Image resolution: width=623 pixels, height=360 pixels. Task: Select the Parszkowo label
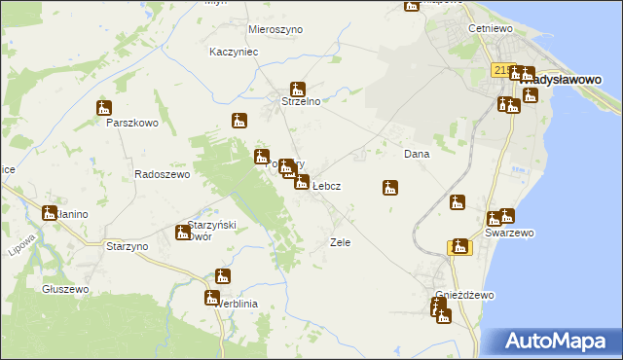[131, 124]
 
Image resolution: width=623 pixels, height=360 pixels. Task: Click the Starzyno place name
[127, 247]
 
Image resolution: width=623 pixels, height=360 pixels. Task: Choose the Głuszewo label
[66, 290]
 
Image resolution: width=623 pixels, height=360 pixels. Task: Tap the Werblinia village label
[235, 304]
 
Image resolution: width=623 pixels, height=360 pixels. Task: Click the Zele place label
[340, 242]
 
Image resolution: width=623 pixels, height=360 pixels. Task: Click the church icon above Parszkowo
[104, 109]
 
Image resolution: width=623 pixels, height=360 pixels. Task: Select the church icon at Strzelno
[298, 89]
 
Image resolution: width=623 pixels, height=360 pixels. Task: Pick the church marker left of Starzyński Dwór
[182, 232]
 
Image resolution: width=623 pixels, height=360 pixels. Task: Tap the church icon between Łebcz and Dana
[390, 187]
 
